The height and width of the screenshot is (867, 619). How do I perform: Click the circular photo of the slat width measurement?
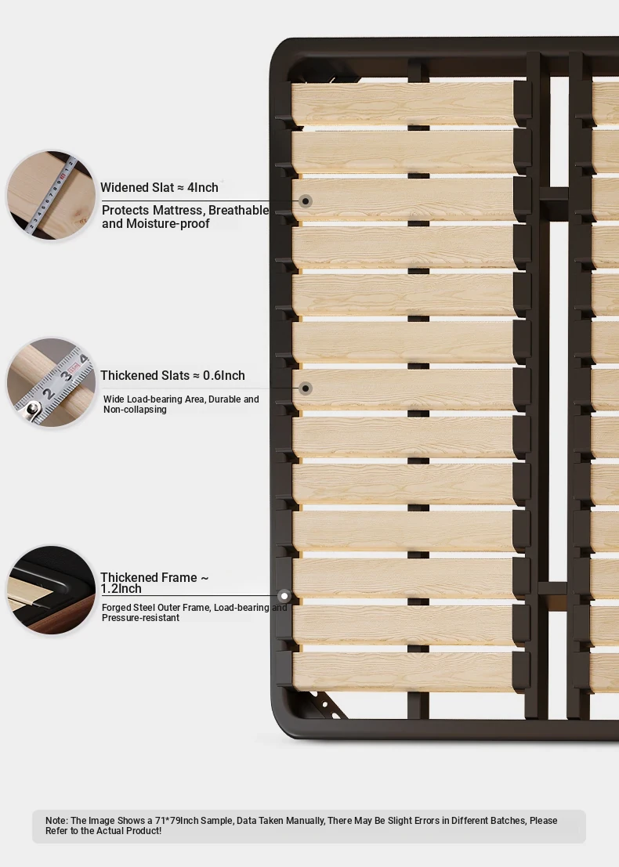click(51, 195)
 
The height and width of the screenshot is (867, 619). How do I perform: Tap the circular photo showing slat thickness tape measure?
click(51, 382)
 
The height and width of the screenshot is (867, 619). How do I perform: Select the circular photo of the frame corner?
click(51, 590)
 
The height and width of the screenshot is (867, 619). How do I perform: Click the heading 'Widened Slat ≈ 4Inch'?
click(159, 187)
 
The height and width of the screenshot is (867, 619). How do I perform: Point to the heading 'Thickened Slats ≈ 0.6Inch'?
click(172, 375)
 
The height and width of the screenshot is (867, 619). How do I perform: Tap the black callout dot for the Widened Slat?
click(306, 201)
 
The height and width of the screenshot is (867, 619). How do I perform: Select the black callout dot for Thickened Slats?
click(306, 388)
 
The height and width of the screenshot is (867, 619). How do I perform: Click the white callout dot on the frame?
click(284, 596)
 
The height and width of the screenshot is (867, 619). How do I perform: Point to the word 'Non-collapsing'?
click(135, 410)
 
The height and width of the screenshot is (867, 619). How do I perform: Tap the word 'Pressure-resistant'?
click(140, 618)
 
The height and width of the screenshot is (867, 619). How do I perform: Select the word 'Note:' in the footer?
click(57, 821)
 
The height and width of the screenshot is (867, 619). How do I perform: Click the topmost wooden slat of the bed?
click(404, 104)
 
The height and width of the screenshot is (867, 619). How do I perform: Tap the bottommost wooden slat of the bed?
click(404, 672)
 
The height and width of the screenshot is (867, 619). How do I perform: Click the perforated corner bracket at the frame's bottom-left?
click(328, 705)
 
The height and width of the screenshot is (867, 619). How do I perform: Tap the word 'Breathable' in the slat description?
click(238, 211)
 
